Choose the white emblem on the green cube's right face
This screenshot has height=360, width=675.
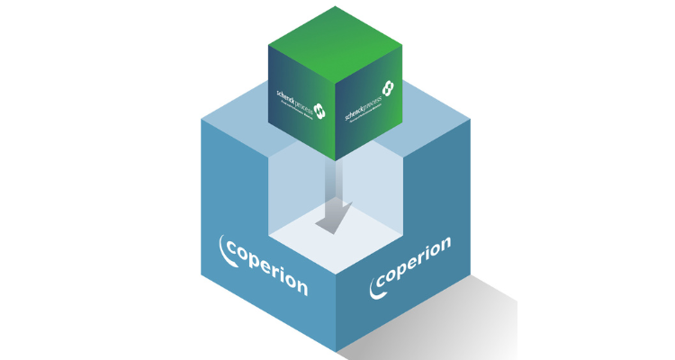[387, 88]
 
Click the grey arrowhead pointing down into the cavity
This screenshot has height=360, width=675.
[329, 220]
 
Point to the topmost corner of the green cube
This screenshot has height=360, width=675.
[336, 6]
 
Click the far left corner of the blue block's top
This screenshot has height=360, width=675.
[201, 118]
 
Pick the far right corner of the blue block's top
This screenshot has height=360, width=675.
[471, 118]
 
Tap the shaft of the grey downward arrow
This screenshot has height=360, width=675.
[336, 184]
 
